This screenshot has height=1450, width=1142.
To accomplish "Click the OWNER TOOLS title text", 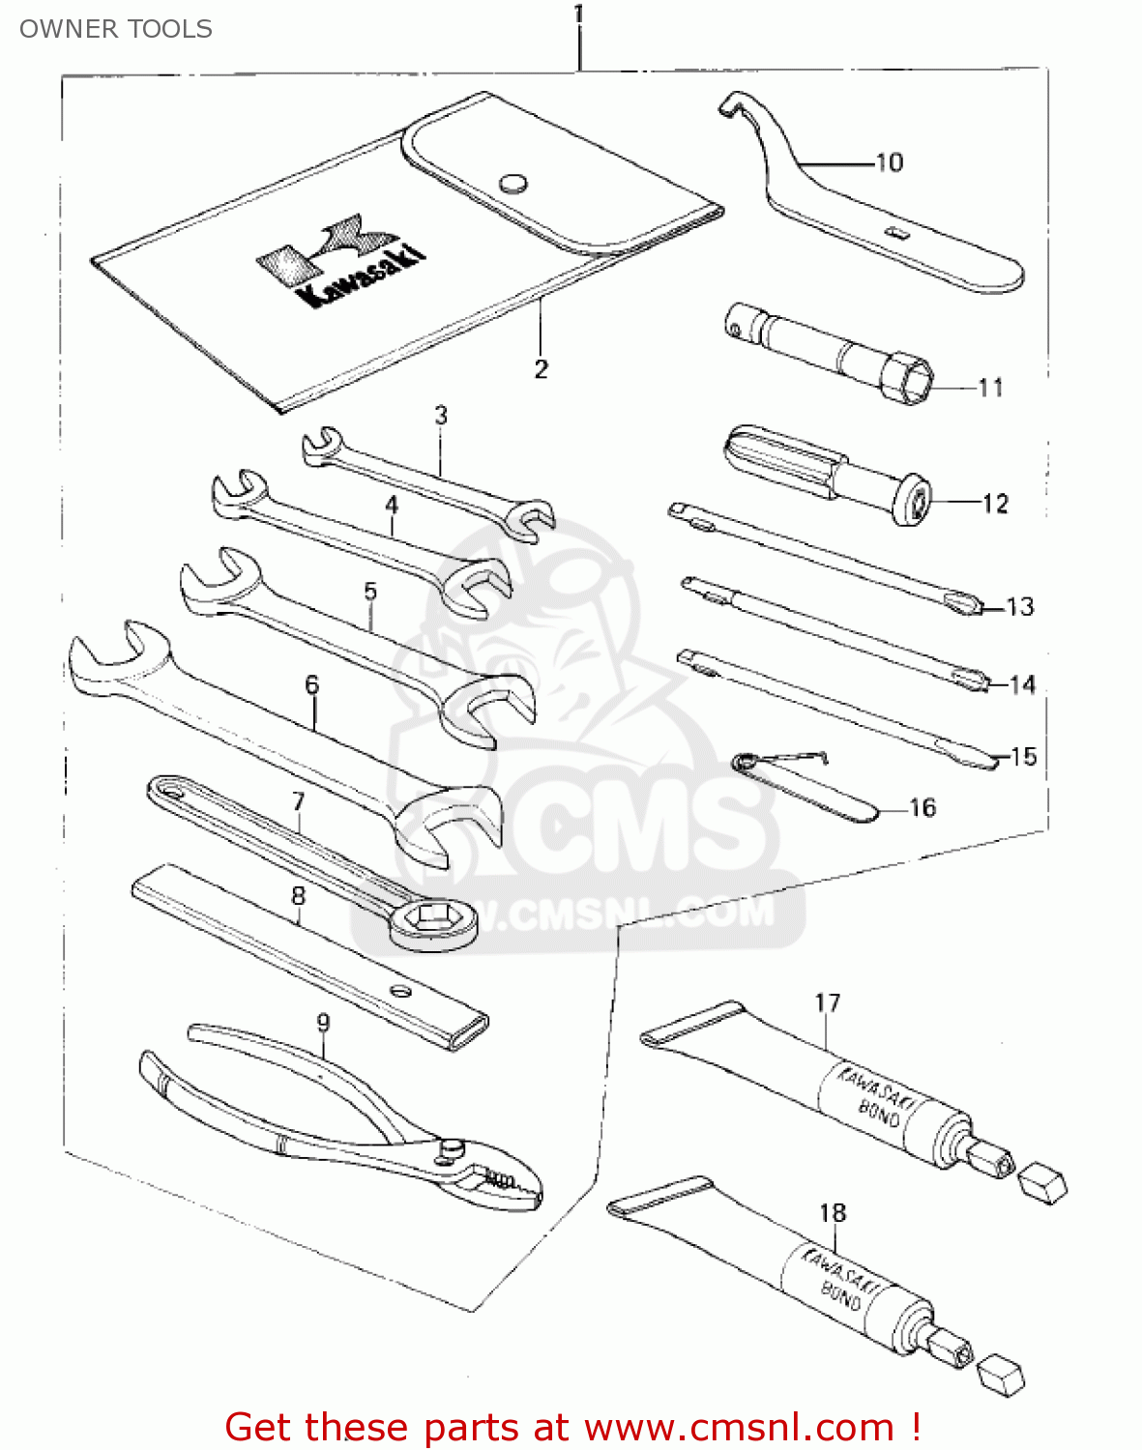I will (115, 29).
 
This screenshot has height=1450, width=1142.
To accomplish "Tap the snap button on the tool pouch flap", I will (513, 183).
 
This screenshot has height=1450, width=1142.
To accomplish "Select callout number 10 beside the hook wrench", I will (889, 162).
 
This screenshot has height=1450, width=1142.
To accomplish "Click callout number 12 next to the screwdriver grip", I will (995, 504).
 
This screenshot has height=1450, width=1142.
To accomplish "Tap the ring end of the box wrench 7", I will (434, 922).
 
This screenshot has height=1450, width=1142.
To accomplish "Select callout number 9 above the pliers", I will (323, 1022).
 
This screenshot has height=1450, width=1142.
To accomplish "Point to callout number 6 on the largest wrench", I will (311, 684).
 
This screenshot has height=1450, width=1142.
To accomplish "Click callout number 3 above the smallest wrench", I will (441, 416).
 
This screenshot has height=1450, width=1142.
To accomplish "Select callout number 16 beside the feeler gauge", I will (922, 807).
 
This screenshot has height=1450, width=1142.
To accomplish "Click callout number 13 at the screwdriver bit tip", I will (1020, 607).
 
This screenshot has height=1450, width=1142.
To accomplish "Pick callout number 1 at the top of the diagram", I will (578, 14).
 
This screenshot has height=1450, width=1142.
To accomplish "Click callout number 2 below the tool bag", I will (541, 368).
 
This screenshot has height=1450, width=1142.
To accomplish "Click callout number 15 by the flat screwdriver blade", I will (1023, 756).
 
